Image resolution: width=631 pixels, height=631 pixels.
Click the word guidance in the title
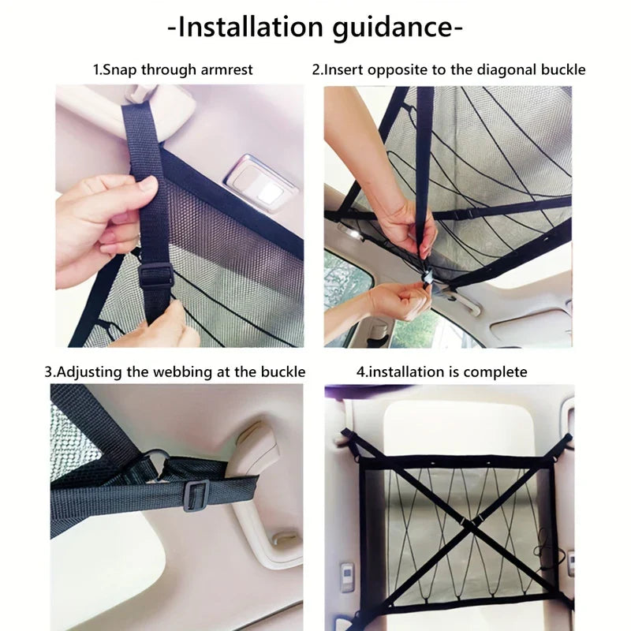pyautogui.click(x=393, y=28)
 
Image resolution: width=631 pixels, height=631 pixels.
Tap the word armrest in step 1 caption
pyautogui.click(x=226, y=69)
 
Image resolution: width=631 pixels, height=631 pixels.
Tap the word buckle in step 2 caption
pyautogui.click(x=563, y=69)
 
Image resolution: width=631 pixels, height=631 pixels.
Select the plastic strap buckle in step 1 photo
pyautogui.click(x=155, y=275)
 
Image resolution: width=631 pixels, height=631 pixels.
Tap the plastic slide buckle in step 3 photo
pyautogui.click(x=196, y=495)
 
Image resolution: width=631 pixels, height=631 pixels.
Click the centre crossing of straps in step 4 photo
pyautogui.click(x=470, y=522)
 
